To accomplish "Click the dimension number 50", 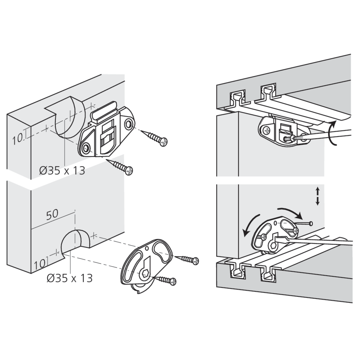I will [52, 214].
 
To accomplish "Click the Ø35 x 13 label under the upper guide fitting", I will [62, 170].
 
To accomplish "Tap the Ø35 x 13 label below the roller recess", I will [69, 278].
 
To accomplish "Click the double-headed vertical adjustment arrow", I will [318, 196].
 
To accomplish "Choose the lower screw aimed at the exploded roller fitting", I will [165, 280].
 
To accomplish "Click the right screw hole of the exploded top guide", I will [129, 125].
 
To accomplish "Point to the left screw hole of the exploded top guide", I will [86, 148].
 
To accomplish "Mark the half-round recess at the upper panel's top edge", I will [68, 115].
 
